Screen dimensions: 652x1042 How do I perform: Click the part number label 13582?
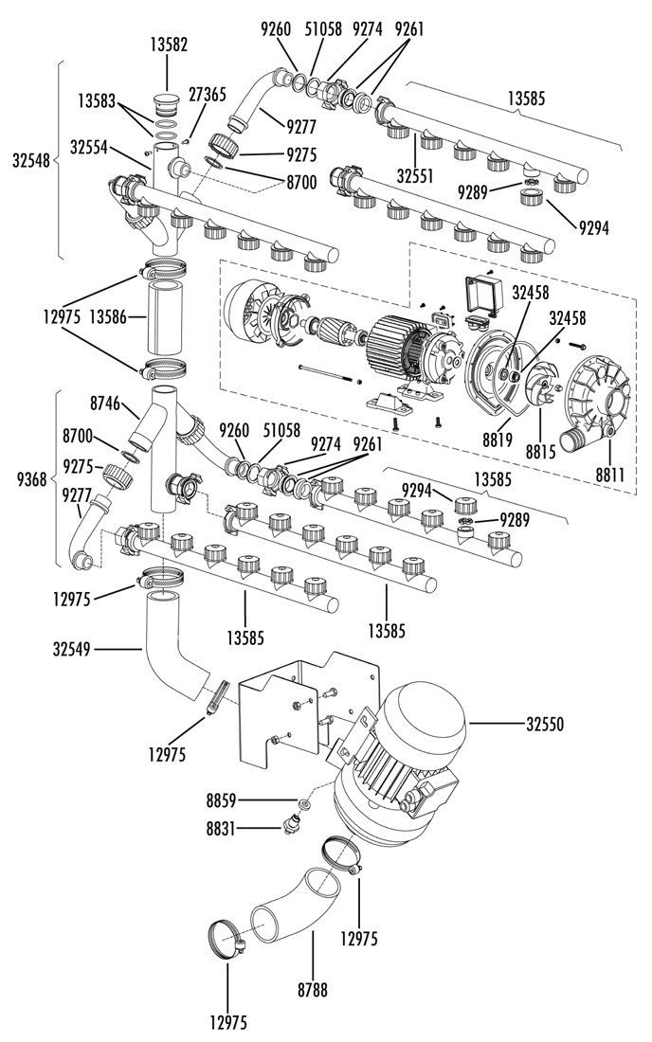[x=168, y=45]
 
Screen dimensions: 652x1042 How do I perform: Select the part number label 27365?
[x=207, y=94]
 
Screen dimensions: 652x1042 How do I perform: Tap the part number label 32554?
[x=88, y=148]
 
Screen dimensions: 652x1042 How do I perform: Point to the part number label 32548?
[x=31, y=160]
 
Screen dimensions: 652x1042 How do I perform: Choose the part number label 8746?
[x=105, y=403]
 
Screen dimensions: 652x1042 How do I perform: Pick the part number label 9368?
[x=32, y=477]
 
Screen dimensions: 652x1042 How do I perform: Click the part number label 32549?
[x=72, y=648]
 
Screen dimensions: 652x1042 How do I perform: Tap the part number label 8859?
[x=222, y=802]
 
